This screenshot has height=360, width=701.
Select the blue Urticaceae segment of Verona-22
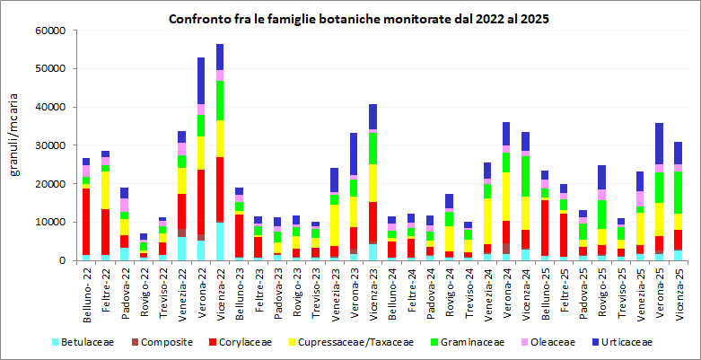[x=201, y=81]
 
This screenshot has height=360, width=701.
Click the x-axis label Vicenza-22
[x=220, y=291]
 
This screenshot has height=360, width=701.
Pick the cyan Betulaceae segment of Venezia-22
[x=182, y=248]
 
